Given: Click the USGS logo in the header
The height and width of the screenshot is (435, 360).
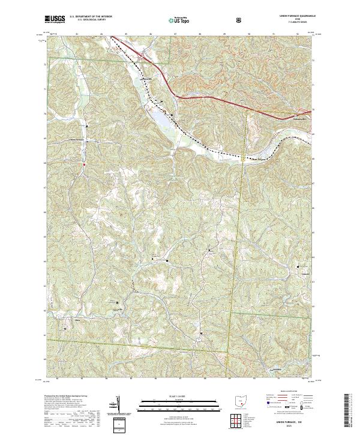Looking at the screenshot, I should point(56,19).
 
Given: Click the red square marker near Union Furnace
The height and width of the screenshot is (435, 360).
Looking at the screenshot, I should point(85,164).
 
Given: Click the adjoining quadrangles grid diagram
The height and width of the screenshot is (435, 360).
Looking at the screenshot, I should point(238,420).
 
